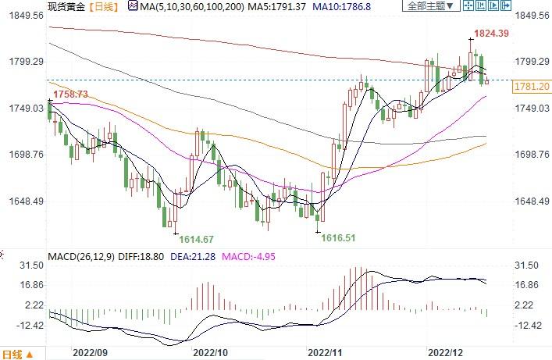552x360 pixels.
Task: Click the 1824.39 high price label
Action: click(x=492, y=33)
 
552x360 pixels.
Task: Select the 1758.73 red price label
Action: click(x=70, y=94)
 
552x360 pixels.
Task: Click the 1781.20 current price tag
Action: click(x=531, y=86)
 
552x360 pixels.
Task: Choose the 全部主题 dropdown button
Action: click(x=431, y=6)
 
